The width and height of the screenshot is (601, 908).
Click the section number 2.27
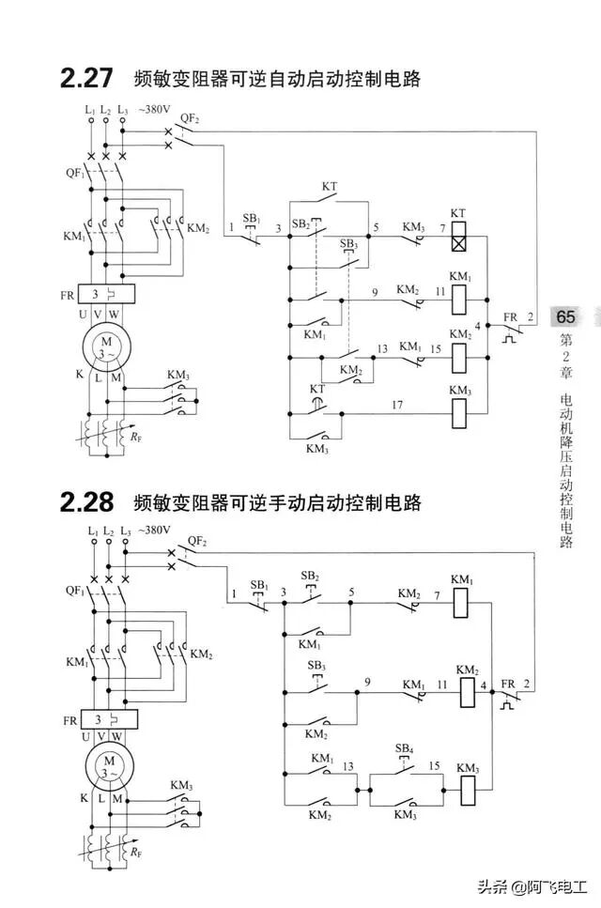coord(88,79)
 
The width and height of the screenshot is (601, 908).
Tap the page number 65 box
coord(567,316)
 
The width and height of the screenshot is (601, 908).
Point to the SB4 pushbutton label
coord(404,748)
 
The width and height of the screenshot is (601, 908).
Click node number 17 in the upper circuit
coord(397,406)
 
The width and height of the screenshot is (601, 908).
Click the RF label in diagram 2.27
coord(136,437)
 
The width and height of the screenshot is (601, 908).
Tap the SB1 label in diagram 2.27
coord(251,218)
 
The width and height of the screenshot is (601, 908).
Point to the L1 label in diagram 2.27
coord(90,110)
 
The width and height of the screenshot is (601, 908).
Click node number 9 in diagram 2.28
coord(367,681)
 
